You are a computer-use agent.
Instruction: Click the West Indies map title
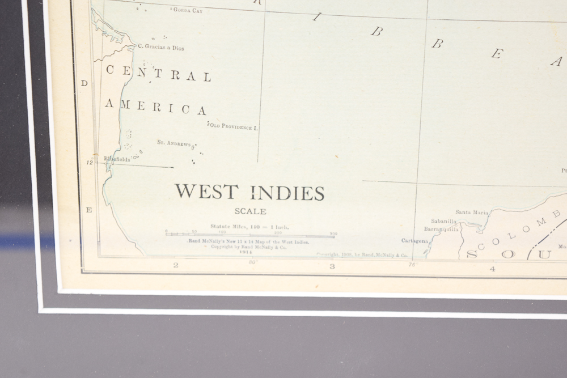[249, 192]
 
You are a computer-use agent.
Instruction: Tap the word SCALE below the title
[250, 211]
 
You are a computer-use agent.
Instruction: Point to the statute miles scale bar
[250, 233]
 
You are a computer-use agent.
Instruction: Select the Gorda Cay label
[187, 10]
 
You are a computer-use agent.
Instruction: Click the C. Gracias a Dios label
[161, 48]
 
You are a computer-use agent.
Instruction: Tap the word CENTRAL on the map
[159, 75]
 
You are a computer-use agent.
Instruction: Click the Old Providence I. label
[234, 126]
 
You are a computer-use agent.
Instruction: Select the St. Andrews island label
[174, 143]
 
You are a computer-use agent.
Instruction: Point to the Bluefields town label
[117, 159]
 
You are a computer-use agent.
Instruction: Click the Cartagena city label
[414, 241]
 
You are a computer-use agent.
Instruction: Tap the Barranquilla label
[442, 230]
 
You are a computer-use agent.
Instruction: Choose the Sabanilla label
[443, 221]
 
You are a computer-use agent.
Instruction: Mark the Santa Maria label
[472, 213]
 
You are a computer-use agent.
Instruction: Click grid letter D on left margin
[84, 83]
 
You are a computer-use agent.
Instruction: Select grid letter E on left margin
[88, 210]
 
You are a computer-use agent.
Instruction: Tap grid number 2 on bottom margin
[176, 265]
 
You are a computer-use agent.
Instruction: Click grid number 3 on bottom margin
[332, 266]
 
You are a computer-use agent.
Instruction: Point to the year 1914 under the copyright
[246, 252]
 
